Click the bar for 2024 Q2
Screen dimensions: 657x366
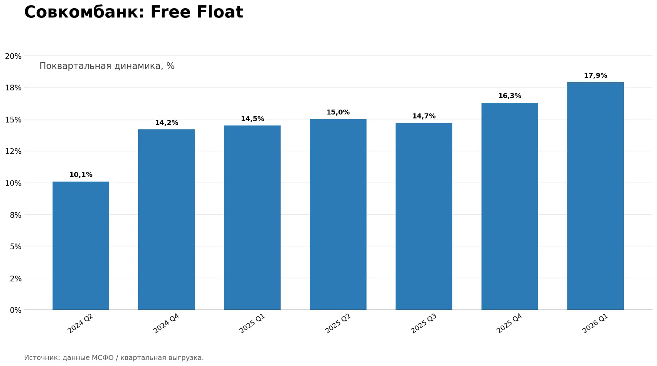point(81,245)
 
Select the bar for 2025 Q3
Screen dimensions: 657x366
point(424,216)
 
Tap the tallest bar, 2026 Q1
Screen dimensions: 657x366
point(595,196)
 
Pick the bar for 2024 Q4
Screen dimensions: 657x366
point(166,219)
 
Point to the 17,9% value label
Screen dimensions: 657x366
point(595,75)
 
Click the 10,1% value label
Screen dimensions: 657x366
point(81,175)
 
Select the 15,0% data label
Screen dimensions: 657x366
point(338,112)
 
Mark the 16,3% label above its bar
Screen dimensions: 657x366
point(510,96)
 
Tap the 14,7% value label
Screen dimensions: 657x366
point(424,116)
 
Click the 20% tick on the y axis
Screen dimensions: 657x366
point(13,56)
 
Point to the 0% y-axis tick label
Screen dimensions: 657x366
point(15,310)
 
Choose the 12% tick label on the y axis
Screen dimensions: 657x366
point(13,151)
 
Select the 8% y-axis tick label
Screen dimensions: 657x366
point(15,215)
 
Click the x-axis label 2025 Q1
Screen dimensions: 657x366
point(252,323)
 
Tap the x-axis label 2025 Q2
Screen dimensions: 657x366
point(338,323)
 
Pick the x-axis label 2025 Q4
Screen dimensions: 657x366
point(510,323)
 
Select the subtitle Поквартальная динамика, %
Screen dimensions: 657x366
point(107,66)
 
